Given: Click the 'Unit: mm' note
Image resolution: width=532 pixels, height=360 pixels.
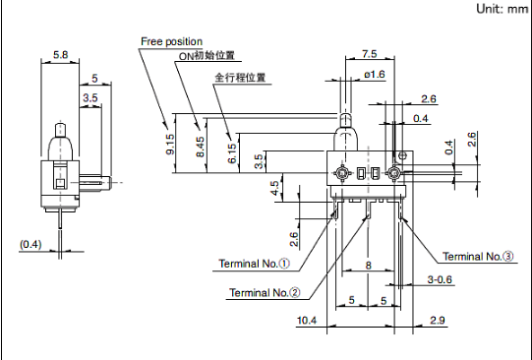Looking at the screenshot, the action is (502, 9).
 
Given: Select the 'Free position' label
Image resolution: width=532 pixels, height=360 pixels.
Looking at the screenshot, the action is (171, 41).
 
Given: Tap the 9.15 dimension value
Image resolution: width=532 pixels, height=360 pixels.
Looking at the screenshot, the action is (170, 145).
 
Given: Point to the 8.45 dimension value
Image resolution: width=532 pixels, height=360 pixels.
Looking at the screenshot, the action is (201, 147).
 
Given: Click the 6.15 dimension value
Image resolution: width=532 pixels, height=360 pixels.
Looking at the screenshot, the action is (232, 153).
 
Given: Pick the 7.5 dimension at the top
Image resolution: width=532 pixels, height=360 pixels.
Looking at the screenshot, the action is (369, 54).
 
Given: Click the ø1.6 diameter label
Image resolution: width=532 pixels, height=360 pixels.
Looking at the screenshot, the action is (375, 74).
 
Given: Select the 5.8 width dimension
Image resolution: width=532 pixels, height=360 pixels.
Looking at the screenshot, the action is (60, 54).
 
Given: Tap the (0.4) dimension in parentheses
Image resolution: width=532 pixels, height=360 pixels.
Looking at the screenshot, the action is (30, 244).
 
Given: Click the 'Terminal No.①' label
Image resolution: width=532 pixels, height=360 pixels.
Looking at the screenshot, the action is (254, 264).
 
